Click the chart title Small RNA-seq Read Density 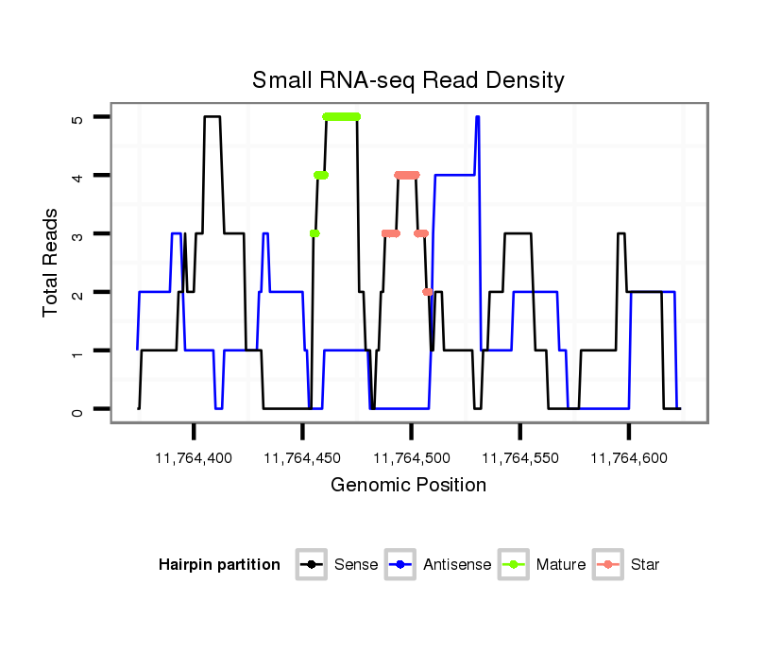(408, 80)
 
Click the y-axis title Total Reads (51, 263)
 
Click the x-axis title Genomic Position (408, 486)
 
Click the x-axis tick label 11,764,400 (194, 458)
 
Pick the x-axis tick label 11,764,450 (302, 458)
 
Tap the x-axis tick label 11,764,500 (411, 458)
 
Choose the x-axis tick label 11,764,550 (520, 458)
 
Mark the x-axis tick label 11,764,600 (629, 458)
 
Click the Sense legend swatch (311, 565)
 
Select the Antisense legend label (457, 565)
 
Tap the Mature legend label (561, 565)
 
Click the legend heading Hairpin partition (220, 565)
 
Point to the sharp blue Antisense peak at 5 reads (478, 117)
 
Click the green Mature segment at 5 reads (341, 117)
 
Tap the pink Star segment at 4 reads (407, 175)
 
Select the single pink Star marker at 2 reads (428, 292)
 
